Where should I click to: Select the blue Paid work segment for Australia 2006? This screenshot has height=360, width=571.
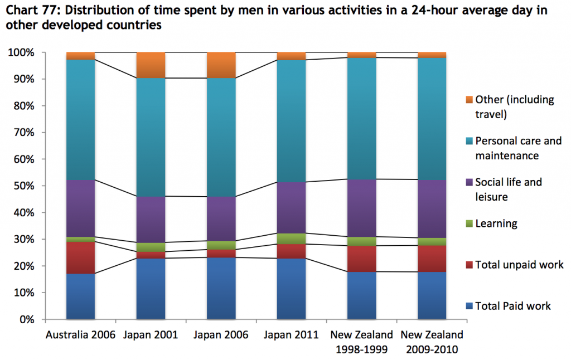tap(80, 296)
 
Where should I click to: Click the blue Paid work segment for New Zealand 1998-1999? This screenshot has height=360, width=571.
tap(361, 295)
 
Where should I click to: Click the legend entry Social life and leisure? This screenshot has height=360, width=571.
tap(508, 189)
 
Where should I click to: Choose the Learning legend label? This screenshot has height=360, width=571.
tap(496, 223)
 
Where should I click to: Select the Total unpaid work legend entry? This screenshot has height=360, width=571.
tap(519, 264)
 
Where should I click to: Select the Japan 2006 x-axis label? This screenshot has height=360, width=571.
tap(221, 335)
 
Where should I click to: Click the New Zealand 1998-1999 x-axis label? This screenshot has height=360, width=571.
tap(361, 340)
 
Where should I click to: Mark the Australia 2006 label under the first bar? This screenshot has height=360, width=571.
tap(80, 335)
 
